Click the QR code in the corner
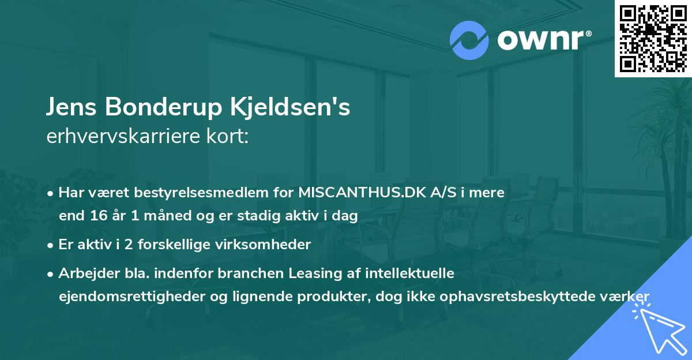click(x=653, y=38)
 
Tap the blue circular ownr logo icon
click(x=469, y=41)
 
